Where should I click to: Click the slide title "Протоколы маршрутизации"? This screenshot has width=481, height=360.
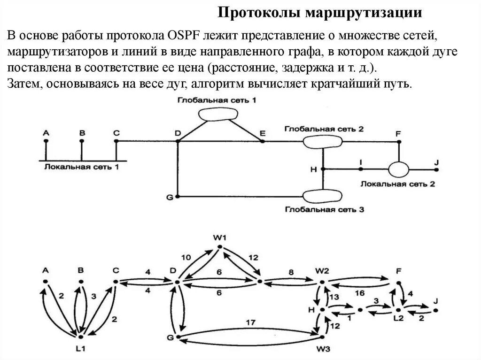click(321, 13)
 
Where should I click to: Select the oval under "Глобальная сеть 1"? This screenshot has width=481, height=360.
click(217, 115)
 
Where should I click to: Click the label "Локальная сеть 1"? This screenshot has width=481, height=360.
click(82, 167)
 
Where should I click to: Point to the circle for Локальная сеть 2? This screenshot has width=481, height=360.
click(398, 169)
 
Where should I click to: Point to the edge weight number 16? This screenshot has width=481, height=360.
click(360, 293)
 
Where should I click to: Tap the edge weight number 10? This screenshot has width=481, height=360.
click(186, 258)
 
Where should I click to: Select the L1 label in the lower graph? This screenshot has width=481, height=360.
click(81, 349)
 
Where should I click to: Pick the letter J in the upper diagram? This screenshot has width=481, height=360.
click(436, 162)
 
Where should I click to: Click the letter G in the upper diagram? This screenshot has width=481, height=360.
click(170, 197)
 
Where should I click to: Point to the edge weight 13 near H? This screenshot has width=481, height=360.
click(334, 297)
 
